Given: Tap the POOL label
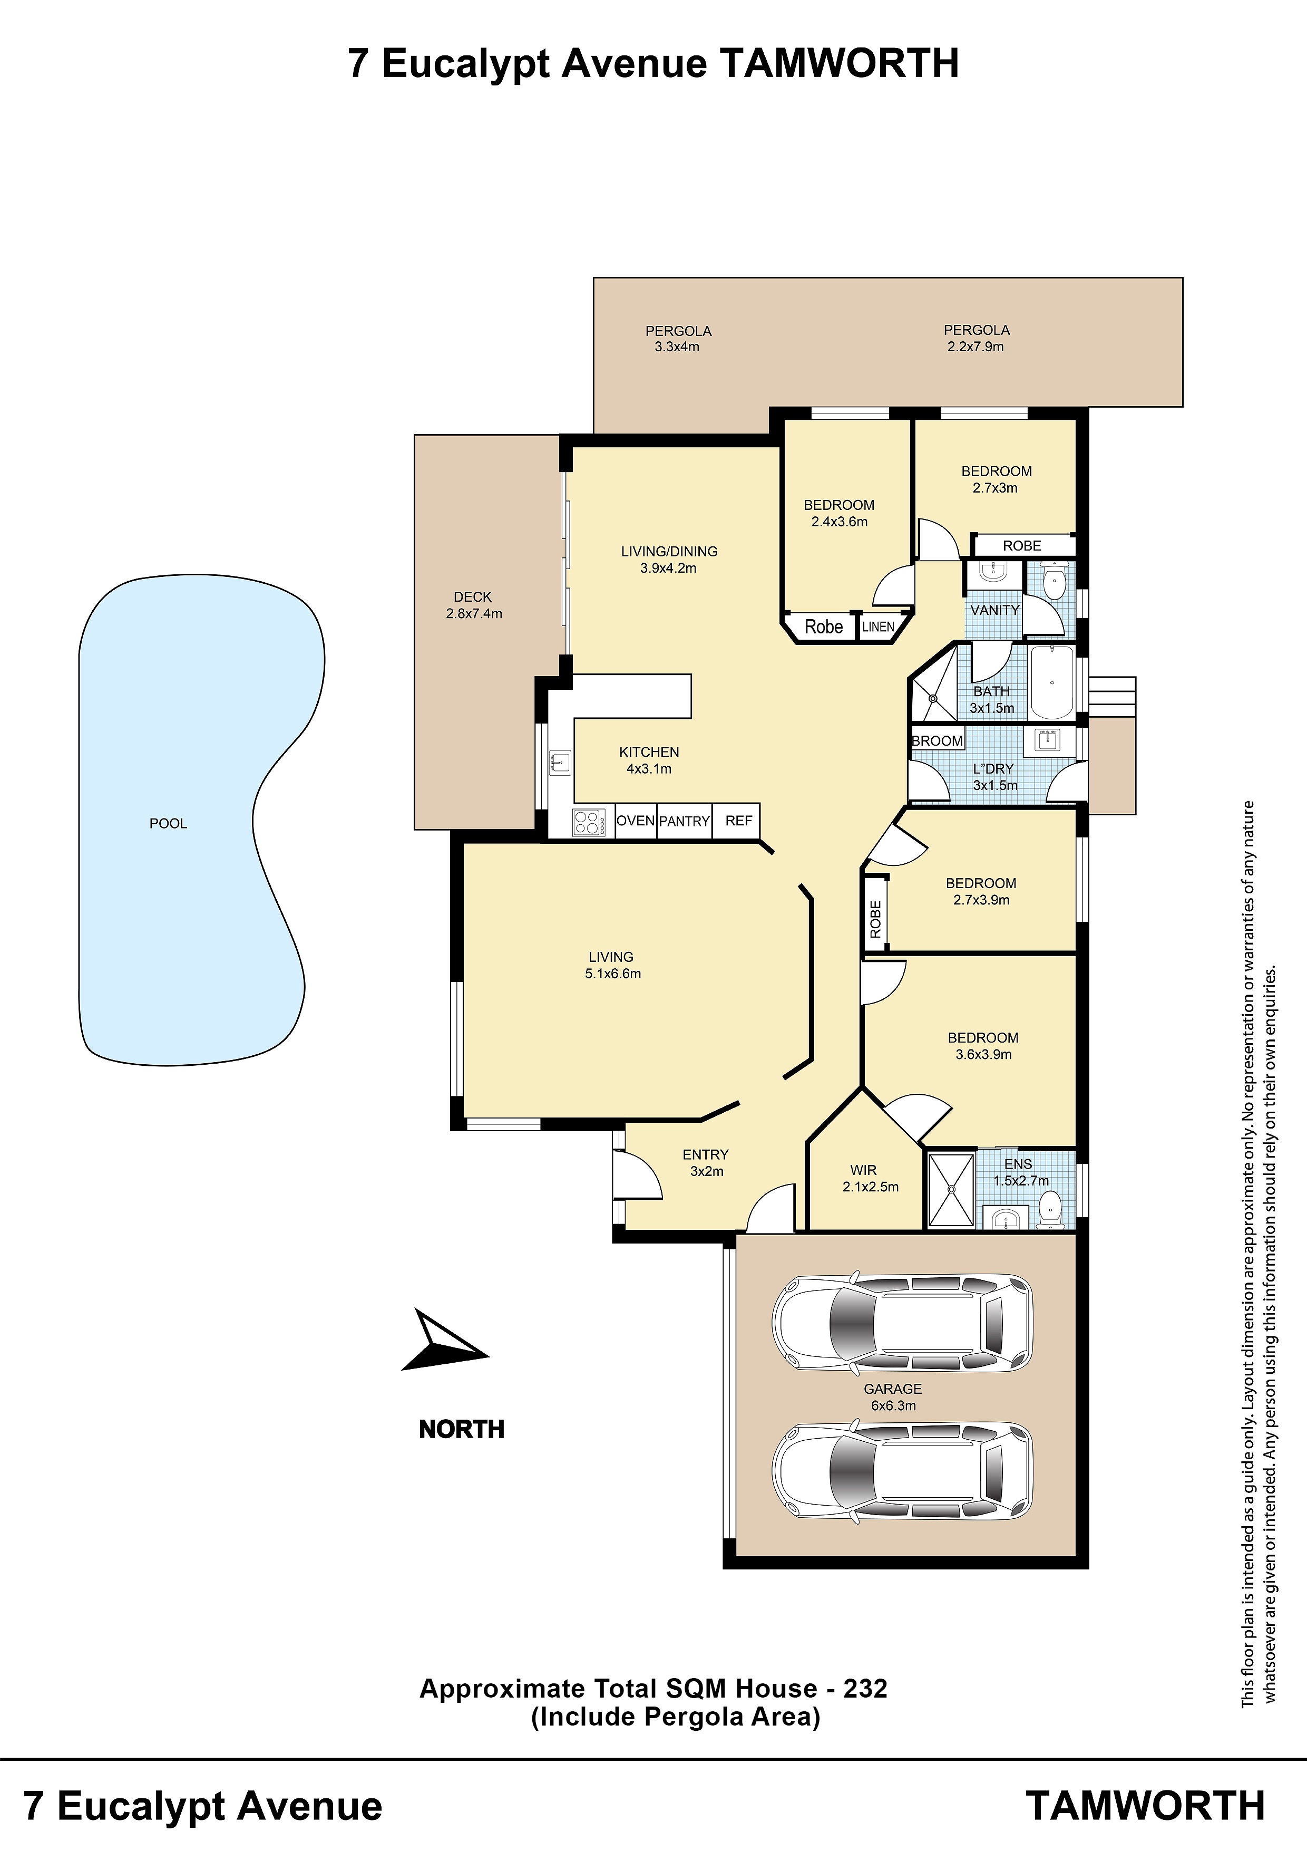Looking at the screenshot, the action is tap(168, 823).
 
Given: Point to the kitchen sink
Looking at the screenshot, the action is tap(560, 762).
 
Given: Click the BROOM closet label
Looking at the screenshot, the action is tap(938, 740).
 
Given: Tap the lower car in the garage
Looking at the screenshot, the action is tap(902, 1471).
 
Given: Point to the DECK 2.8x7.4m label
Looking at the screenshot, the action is tap(473, 605).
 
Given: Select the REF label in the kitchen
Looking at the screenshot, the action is tap(738, 820).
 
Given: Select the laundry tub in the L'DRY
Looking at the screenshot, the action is tap(1047, 739).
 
